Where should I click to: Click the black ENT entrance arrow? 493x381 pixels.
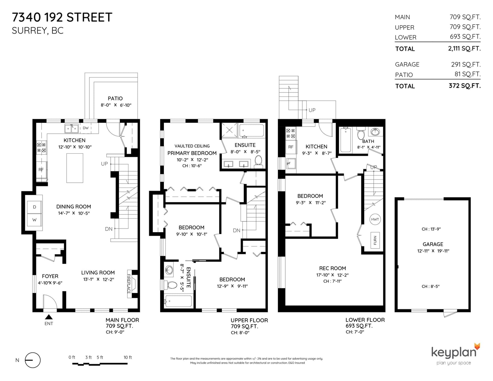click(x=49, y=317)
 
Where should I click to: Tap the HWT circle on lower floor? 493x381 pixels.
click(x=375, y=219)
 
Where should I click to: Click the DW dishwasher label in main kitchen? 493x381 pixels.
click(x=86, y=128)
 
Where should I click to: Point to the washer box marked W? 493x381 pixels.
click(x=34, y=220)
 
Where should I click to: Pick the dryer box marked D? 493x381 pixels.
click(x=34, y=207)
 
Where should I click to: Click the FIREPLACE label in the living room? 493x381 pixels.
click(x=129, y=284)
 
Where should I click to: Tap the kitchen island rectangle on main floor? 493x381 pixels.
click(x=75, y=168)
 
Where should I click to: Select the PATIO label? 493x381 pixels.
click(x=115, y=99)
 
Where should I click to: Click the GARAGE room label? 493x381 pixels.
click(x=433, y=244)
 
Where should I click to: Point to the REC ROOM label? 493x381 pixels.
click(x=332, y=268)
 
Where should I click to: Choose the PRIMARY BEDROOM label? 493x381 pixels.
click(x=192, y=153)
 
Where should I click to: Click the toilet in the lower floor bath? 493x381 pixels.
click(x=361, y=133)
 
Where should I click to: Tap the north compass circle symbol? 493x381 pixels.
click(x=33, y=360)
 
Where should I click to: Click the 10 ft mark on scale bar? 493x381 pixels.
click(x=128, y=357)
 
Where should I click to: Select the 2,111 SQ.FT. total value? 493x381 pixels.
click(x=464, y=48)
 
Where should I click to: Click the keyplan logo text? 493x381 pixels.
click(x=454, y=352)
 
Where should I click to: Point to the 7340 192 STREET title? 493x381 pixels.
click(x=62, y=17)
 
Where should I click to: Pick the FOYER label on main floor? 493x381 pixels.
click(x=50, y=276)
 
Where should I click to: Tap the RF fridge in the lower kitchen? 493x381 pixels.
click(x=291, y=147)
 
